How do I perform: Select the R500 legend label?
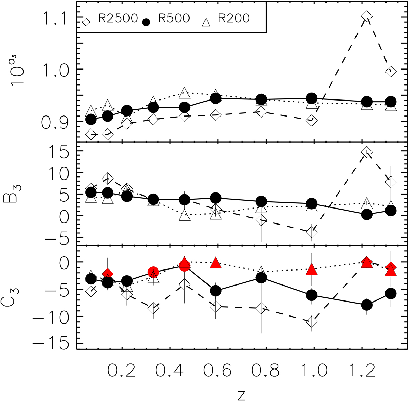pos(174,18)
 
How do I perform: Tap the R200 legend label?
pos(234,18)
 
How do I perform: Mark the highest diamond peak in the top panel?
pos(367,16)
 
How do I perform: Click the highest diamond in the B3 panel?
pos(367,152)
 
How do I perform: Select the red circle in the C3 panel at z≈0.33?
pos(153,272)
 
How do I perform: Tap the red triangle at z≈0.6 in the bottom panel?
pos(215,263)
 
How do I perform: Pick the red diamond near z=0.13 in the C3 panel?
pos(108,274)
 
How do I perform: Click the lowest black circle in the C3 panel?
pos(367,305)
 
